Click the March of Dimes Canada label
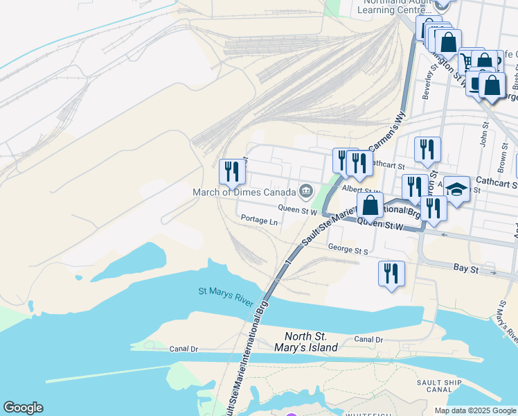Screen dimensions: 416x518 (x=244, y=191)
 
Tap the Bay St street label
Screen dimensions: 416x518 (x=466, y=267)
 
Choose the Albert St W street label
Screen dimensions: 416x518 (x=361, y=189)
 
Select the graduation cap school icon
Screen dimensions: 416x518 (x=456, y=188)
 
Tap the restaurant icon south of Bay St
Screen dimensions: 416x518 (x=391, y=272)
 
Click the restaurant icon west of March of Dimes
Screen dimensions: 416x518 (x=232, y=171)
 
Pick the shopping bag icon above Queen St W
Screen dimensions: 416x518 (x=370, y=205)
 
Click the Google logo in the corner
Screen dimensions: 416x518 (x=23, y=408)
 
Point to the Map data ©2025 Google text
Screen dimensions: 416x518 (x=475, y=410)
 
